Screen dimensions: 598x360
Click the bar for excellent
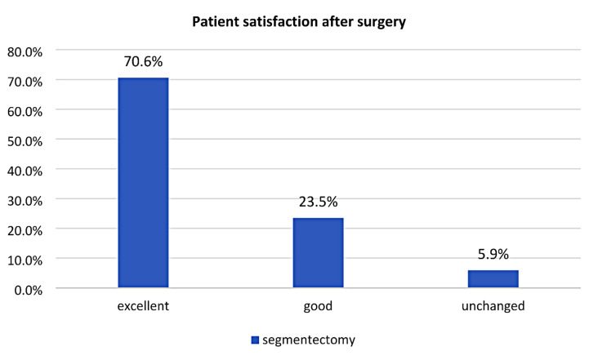pos(143,183)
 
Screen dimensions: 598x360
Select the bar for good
pos(318,252)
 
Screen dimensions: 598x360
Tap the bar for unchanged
pos(493,279)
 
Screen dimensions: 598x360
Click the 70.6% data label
pos(143,61)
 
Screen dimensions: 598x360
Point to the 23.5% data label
pos(318,202)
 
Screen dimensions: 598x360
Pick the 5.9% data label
pos(493,254)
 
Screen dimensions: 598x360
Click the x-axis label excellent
pos(143,306)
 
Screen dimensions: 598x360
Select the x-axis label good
pos(318,307)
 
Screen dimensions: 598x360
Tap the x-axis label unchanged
pos(493,307)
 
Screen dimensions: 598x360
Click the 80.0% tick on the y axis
pos(25,52)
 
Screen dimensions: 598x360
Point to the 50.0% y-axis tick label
pos(25,141)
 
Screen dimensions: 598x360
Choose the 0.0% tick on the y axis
pos(29,291)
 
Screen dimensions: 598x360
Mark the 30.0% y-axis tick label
pos(25,201)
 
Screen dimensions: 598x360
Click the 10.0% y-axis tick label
pos(25,260)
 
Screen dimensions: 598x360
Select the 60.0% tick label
pos(25,112)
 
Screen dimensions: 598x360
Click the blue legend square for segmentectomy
pos(255,340)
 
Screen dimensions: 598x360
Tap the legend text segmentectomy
pos(309,340)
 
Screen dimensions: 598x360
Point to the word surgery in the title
pos(382,23)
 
